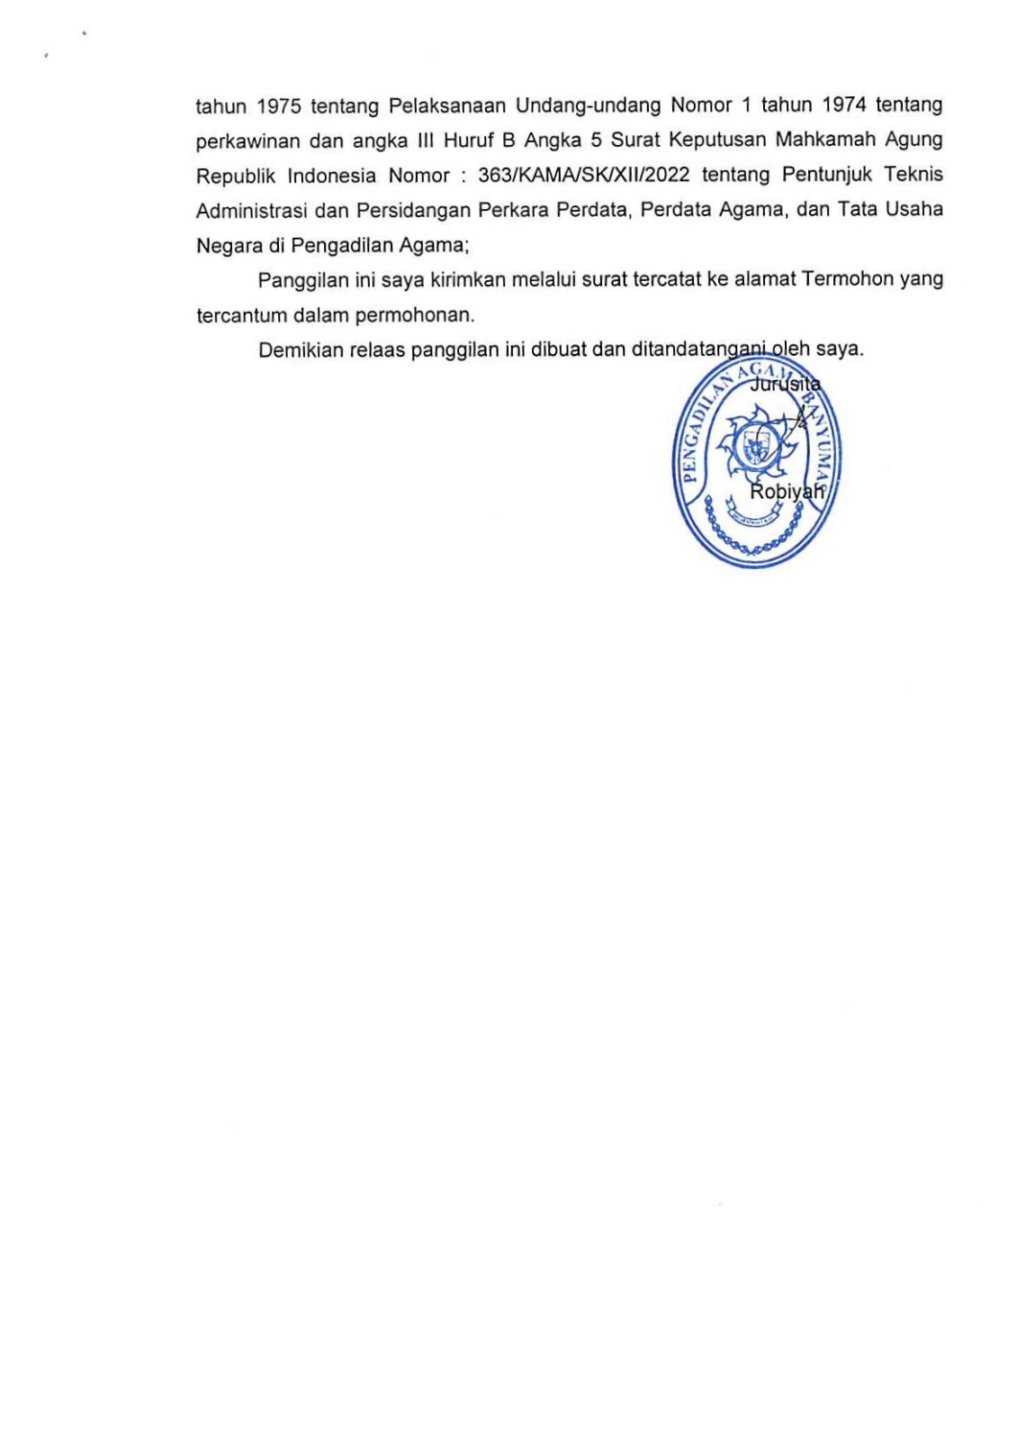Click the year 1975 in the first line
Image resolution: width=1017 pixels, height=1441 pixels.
coord(278,106)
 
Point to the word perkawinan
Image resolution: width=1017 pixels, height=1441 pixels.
coord(248,141)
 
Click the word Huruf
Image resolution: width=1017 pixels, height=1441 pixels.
coord(465,140)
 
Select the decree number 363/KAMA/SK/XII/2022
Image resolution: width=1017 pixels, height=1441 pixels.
coord(584,175)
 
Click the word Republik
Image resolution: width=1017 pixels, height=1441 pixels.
coord(236,176)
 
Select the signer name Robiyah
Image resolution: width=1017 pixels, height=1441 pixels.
coord(787,491)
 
